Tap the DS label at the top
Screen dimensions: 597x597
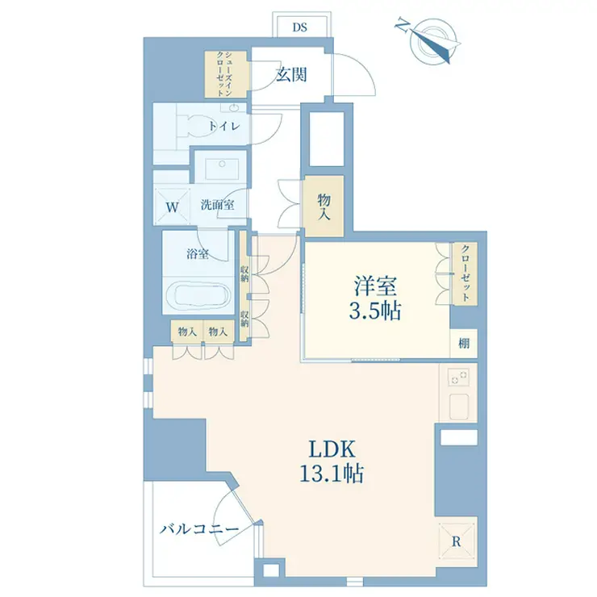[300, 27]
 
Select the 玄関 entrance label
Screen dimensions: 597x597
[291, 76]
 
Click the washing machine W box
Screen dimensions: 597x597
[172, 206]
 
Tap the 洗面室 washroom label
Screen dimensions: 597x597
[217, 205]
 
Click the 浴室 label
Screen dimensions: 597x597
[198, 255]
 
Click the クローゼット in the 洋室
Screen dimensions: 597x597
[464, 273]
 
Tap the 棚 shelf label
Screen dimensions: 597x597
[464, 343]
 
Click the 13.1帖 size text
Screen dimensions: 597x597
[327, 474]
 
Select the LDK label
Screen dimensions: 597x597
[327, 449]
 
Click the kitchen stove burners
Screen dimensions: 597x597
[458, 378]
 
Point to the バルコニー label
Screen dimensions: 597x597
[198, 529]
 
